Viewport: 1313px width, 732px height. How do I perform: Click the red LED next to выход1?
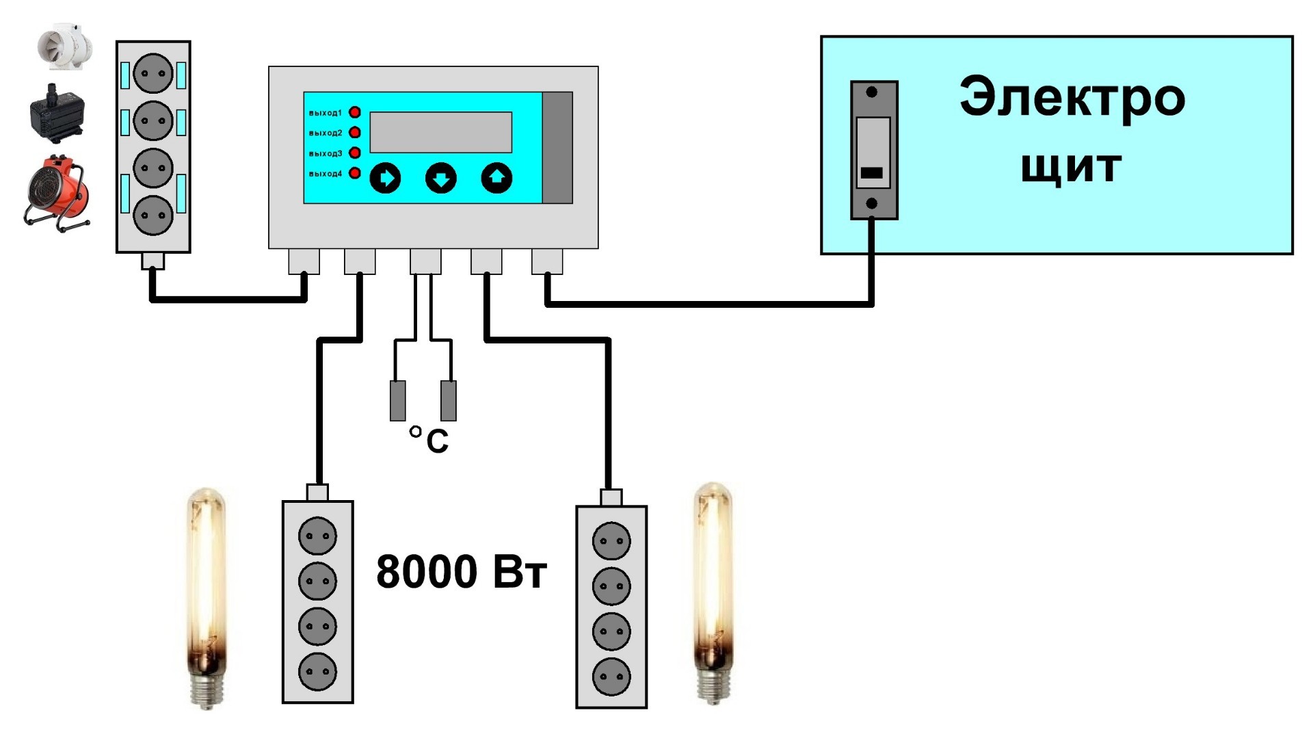point(355,112)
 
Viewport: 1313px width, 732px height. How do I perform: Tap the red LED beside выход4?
point(355,173)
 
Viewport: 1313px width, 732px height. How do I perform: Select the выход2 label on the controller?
point(325,133)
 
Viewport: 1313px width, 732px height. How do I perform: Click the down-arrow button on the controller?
point(441,179)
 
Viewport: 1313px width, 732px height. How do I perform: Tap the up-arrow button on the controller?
point(496,179)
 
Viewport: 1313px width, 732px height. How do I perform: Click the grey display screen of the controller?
point(441,132)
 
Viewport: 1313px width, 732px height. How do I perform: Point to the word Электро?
point(1072,97)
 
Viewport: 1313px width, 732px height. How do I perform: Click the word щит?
point(1071,167)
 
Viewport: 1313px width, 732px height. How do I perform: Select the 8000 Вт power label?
point(462,571)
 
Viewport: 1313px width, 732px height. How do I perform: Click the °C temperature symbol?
point(429,440)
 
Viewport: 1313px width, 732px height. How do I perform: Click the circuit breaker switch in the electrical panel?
point(874,151)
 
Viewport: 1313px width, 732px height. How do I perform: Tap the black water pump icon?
point(57,113)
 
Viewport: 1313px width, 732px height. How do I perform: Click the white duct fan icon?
point(64,48)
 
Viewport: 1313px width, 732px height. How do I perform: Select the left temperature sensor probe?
point(397,401)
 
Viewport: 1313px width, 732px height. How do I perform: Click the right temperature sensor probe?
point(449,401)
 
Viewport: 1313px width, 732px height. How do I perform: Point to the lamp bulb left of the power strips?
point(206,597)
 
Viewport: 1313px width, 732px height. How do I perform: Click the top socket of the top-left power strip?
point(152,73)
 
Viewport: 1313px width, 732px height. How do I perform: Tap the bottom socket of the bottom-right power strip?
point(611,676)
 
